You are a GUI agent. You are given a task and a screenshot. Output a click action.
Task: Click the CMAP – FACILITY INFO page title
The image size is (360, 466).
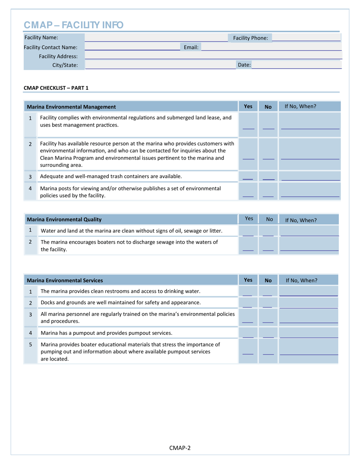point(74,25)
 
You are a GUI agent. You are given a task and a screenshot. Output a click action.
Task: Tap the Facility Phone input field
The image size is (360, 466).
point(306,38)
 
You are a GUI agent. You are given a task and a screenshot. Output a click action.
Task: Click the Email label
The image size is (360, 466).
point(191,47)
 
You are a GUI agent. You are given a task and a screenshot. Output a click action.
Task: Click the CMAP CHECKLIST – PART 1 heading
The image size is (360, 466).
point(56,88)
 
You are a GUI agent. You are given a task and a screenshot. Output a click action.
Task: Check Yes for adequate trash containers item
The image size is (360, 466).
point(248,177)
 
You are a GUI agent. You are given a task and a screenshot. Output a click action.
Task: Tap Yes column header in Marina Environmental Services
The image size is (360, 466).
point(248,280)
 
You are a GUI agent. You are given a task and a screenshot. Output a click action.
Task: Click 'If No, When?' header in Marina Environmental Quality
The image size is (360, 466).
point(301,220)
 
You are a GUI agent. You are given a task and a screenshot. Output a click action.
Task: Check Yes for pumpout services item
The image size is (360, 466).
point(248,333)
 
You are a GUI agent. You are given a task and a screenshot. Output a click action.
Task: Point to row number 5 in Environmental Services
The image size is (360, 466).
point(30,345)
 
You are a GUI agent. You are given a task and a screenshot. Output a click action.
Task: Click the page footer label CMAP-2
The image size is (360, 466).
point(180,448)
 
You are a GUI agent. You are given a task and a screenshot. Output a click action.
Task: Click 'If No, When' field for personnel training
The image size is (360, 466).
point(308,318)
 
